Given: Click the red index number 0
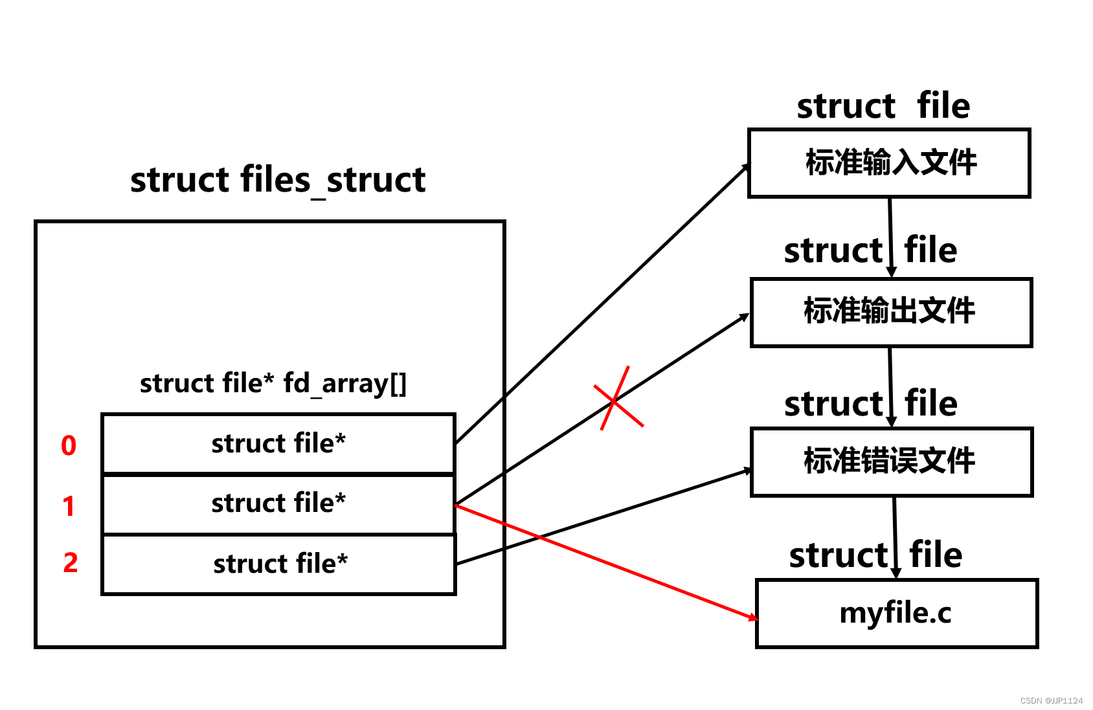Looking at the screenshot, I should coord(69,445).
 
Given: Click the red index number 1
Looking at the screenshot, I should coord(69,505).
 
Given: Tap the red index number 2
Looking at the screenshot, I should coord(71,562).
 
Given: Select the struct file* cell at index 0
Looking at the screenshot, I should coord(278,444).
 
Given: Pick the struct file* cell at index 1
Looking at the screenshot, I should coord(278,504).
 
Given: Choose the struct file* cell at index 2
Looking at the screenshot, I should coord(280,564).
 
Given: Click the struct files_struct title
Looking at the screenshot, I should coord(278,179).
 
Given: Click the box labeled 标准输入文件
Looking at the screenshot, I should coord(889,162).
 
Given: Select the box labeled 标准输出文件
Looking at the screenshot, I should coord(890,312).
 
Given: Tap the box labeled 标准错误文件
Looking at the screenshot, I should coord(891,461).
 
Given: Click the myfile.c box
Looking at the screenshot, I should coord(896,613).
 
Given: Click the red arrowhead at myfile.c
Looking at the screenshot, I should coord(752,617).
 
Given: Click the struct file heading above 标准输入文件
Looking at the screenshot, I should coord(883,106).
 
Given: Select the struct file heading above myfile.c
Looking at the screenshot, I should coord(875,555).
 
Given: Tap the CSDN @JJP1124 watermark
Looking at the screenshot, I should coord(1051,700).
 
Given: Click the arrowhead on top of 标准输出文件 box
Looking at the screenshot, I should coord(892,272).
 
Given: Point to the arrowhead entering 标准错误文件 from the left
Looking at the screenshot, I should coord(748,471).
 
